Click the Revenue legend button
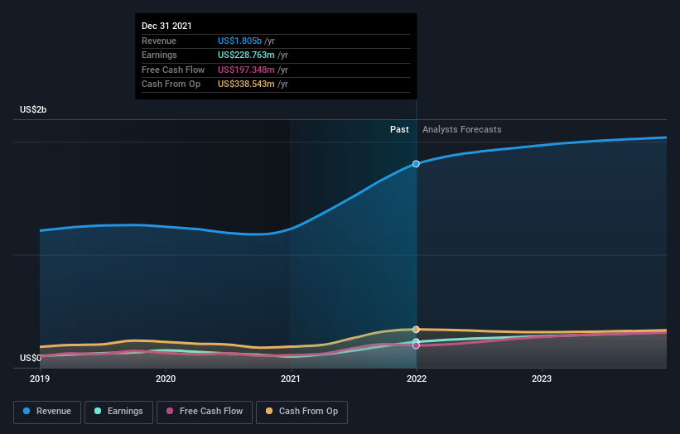[47, 412]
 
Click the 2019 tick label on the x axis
[40, 379]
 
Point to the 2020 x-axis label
[166, 379]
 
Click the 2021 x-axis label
[291, 379]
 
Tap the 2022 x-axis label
[416, 379]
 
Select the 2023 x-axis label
[542, 379]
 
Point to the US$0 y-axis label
[31, 359]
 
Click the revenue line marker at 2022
[416, 164]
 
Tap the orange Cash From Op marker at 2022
[416, 330]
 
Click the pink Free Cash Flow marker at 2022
[416, 345]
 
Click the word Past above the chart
[399, 130]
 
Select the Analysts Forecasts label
[461, 130]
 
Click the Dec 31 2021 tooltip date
[166, 27]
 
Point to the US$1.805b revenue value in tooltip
[239, 41]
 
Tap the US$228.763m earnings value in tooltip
[246, 55]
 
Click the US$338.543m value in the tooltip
[246, 84]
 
